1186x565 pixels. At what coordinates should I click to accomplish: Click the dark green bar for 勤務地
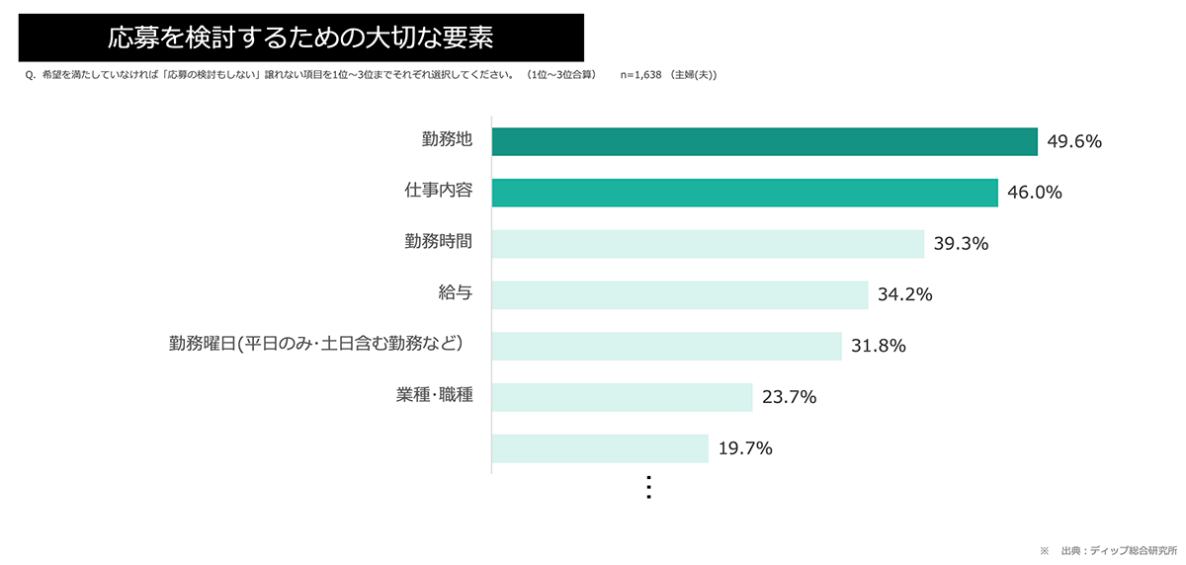(x=764, y=141)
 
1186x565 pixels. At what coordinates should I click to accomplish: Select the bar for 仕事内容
(x=744, y=193)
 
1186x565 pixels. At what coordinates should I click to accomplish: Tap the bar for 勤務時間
(x=708, y=244)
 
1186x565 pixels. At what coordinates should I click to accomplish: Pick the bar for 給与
(x=680, y=294)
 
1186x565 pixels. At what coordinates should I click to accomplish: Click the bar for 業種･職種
(x=622, y=397)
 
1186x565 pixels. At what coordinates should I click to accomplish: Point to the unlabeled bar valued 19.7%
(x=600, y=448)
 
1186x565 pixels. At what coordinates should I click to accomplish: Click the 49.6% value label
(x=1073, y=141)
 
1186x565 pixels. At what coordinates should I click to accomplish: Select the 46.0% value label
(x=1034, y=193)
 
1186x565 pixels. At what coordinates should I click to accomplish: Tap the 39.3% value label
(x=961, y=244)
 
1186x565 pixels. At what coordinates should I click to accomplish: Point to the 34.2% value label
(x=905, y=294)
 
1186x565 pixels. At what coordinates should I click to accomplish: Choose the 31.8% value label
(x=878, y=346)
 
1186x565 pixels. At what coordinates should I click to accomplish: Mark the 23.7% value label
(x=789, y=397)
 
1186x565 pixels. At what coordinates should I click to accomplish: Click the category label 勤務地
(x=447, y=140)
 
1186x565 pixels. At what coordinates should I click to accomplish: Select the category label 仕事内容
(x=440, y=192)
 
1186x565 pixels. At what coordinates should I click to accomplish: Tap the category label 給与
(x=456, y=293)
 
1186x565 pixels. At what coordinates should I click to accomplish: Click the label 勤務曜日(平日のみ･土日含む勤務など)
(x=316, y=345)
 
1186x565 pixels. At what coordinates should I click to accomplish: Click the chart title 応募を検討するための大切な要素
(x=300, y=39)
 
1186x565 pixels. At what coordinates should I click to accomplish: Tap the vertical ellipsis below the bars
(x=648, y=487)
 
